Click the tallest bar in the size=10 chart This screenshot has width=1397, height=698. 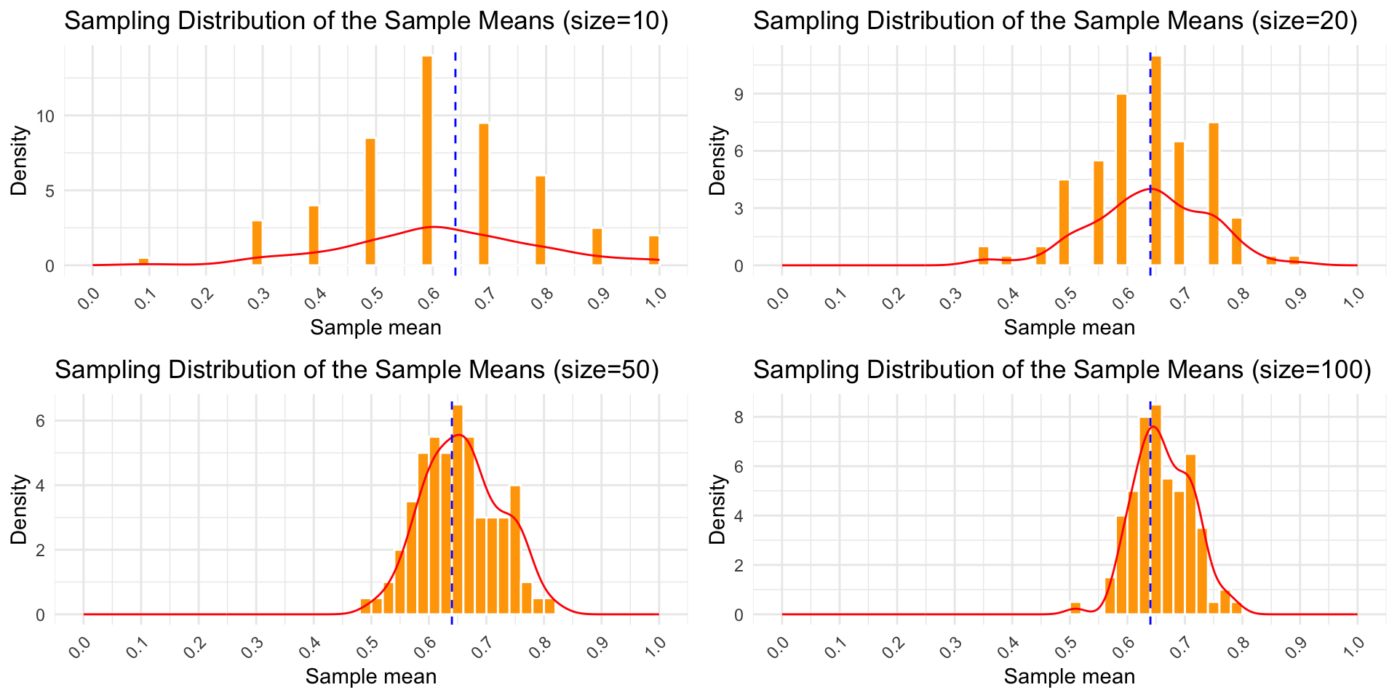click(x=427, y=160)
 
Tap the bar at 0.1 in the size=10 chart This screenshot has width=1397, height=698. click(x=143, y=261)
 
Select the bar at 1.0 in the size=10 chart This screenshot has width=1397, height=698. click(x=653, y=250)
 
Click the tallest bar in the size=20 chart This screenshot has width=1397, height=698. click(x=1156, y=160)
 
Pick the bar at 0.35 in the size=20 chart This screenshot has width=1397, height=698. click(x=984, y=256)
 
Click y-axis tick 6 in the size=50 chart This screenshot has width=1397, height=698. click(x=41, y=422)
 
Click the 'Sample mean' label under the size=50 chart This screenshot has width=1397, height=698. click(x=371, y=677)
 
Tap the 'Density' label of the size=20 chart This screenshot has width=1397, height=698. click(x=718, y=160)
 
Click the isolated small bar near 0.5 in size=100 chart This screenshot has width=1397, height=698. click(x=1075, y=609)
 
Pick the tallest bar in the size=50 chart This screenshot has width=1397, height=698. click(x=458, y=509)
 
